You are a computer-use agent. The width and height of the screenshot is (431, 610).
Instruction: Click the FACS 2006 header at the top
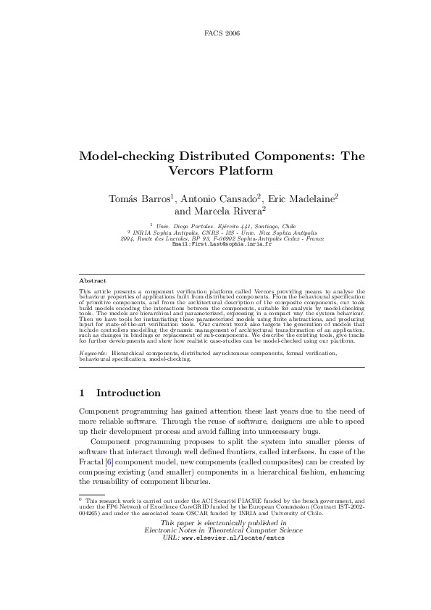(222, 34)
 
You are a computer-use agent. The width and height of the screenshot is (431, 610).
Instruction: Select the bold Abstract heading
(92, 280)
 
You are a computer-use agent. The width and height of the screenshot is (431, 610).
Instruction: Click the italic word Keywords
(93, 353)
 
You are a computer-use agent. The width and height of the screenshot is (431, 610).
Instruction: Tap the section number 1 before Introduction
(82, 393)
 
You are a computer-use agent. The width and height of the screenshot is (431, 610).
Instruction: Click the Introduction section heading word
(128, 393)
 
